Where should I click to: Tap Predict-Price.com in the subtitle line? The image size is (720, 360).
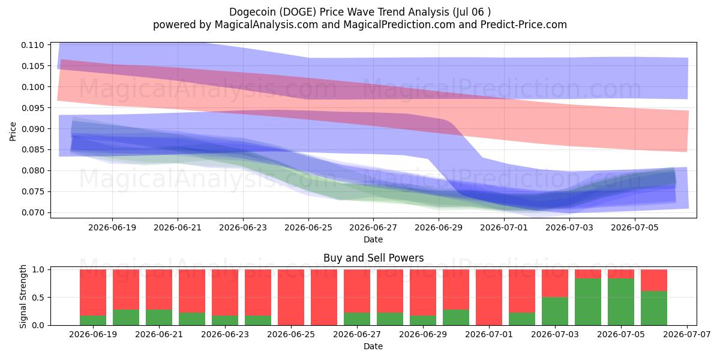524,25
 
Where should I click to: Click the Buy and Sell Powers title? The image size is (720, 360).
373,258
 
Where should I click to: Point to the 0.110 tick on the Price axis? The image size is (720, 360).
32,45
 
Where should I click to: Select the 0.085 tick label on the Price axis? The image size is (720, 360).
32,150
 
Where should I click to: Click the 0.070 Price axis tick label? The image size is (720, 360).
32,212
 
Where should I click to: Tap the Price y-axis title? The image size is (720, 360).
13,131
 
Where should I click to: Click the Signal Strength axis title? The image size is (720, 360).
23,296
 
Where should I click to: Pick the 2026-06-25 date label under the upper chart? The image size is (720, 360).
308,227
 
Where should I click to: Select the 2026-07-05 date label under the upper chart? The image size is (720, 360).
635,227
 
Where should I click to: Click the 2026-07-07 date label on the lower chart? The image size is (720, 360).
687,334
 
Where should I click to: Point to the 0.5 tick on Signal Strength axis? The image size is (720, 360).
38,298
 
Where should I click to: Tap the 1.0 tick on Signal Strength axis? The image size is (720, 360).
38,269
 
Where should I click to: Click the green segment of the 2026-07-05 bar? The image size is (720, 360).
621,302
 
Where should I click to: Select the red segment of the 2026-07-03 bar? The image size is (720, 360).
555,283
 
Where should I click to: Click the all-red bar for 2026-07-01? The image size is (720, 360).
489,298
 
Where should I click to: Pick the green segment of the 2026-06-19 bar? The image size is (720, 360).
93,320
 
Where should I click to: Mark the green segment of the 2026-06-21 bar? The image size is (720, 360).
159,317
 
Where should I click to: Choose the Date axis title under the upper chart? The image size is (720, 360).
373,239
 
